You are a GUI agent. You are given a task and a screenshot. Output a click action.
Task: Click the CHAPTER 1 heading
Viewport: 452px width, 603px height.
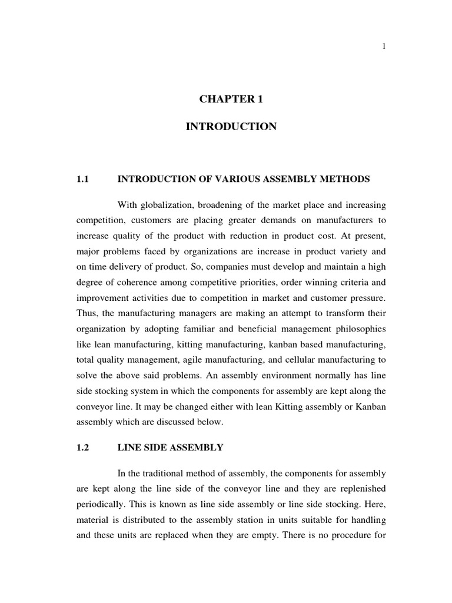click(x=231, y=100)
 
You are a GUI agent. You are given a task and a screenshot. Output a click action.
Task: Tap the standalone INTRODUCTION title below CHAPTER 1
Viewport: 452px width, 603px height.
click(x=231, y=127)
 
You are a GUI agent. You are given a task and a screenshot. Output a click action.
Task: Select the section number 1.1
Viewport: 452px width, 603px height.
click(x=82, y=179)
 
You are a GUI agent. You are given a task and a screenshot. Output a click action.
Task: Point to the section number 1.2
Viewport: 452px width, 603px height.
click(x=82, y=448)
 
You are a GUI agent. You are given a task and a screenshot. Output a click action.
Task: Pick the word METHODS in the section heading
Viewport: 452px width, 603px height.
click(x=348, y=179)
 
